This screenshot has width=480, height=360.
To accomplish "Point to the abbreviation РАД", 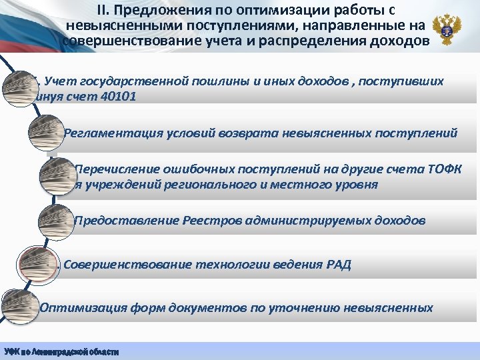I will tap(335, 264).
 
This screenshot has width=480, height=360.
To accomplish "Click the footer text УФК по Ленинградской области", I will tap(61, 351).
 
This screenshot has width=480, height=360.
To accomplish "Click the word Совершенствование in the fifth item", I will tap(127, 264).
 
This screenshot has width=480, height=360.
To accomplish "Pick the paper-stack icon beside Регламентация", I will tap(45, 131).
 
